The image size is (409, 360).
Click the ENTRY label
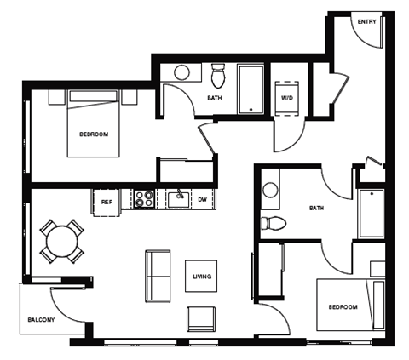point(366,22)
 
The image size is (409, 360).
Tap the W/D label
point(286,98)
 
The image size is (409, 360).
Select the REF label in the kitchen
point(107,202)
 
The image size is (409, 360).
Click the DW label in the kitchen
point(202,201)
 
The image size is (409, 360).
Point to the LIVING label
point(202,277)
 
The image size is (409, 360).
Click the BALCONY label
point(40,320)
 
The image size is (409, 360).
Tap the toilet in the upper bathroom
point(216,77)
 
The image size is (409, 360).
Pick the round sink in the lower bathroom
point(271,190)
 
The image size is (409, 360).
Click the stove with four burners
point(143,200)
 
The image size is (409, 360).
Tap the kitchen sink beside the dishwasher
point(177,199)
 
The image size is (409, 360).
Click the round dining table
point(61,241)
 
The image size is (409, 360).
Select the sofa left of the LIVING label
point(158,276)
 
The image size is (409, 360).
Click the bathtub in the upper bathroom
point(251,89)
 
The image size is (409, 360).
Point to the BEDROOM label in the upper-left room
point(93,134)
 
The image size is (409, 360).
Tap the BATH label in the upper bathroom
point(215,98)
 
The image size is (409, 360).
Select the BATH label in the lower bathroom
point(316,208)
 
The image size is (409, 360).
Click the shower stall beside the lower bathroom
point(372,213)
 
